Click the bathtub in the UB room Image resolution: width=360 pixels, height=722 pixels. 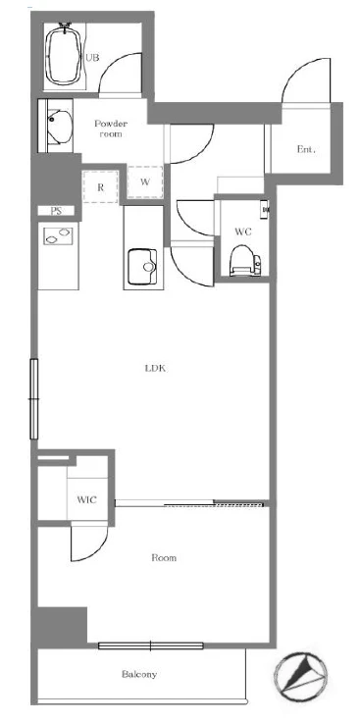65,55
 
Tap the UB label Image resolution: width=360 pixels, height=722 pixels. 92,58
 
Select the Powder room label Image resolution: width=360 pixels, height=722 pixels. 111,129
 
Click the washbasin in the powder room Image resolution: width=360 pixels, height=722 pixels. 60,126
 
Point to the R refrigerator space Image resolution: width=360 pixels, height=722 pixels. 100,186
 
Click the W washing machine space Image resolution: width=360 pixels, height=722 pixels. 145,181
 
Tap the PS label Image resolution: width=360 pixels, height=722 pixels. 56,211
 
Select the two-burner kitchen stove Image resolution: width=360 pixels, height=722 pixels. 58,235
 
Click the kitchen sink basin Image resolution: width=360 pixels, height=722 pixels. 142,267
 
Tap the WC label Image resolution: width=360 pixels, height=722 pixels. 243,232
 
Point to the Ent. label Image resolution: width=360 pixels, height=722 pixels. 306,149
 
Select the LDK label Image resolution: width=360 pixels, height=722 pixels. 155,369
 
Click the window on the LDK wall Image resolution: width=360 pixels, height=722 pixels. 33,398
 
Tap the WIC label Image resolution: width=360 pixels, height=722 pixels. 87,499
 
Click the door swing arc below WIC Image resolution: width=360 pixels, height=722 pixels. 97,550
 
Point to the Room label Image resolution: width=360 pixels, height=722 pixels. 164,558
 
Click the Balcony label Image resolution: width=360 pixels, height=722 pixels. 139,675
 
